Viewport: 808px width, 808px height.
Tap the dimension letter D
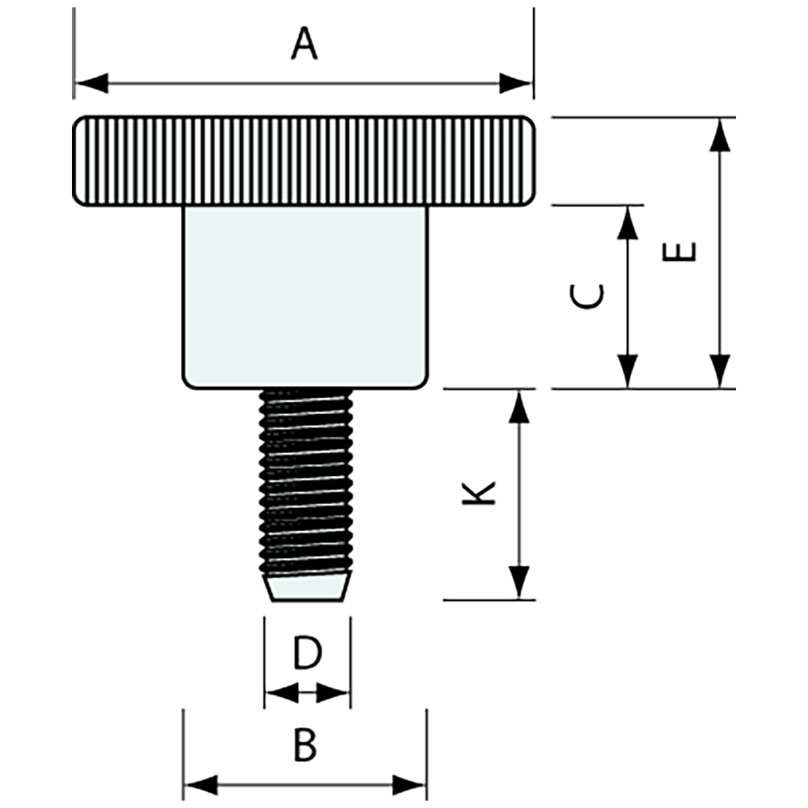click(307, 653)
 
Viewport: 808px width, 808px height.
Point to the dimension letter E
click(679, 252)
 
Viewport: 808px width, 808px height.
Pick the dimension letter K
click(480, 493)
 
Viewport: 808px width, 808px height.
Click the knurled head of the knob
click(303, 160)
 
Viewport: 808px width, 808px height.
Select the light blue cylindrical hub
click(304, 296)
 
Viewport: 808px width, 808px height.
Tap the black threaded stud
click(306, 481)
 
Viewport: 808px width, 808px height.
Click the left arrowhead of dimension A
click(91, 83)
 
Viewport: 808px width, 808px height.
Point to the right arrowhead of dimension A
click(515, 83)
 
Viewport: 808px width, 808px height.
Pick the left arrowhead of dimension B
click(201, 785)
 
